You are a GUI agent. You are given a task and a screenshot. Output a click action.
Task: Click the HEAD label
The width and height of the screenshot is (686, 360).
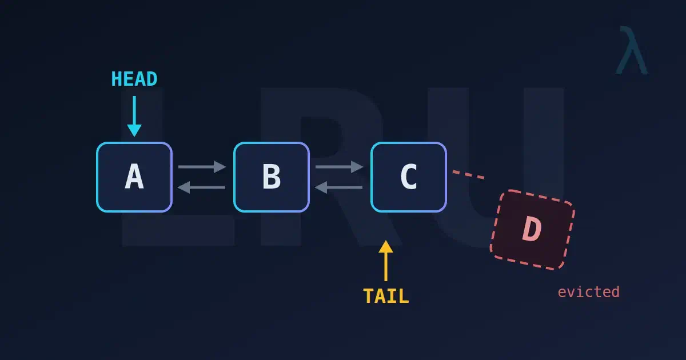pyautogui.click(x=134, y=79)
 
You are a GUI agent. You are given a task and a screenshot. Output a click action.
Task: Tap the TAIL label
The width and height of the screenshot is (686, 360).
pyautogui.click(x=386, y=296)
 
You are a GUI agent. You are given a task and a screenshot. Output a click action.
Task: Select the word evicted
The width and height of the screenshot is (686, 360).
pyautogui.click(x=589, y=292)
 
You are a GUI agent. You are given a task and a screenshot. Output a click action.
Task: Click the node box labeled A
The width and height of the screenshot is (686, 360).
pyautogui.click(x=134, y=177)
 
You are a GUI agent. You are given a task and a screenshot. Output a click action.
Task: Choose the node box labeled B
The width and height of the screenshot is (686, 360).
pyautogui.click(x=272, y=177)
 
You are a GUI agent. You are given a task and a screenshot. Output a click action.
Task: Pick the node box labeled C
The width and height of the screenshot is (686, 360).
pyautogui.click(x=409, y=177)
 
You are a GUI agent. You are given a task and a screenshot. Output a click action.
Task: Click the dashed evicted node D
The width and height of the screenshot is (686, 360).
pyautogui.click(x=533, y=230)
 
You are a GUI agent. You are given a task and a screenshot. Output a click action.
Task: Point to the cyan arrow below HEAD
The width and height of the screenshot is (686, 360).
pyautogui.click(x=134, y=117)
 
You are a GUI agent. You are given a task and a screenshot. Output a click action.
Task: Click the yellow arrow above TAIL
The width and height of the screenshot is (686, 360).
pyautogui.click(x=386, y=261)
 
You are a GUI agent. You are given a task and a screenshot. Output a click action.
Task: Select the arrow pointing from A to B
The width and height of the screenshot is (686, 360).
pyautogui.click(x=202, y=167)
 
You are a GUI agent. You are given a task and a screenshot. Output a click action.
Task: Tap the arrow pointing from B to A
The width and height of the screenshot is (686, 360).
pyautogui.click(x=201, y=187)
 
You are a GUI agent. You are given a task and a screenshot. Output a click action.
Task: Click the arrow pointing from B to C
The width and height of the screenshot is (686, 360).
pyautogui.click(x=340, y=167)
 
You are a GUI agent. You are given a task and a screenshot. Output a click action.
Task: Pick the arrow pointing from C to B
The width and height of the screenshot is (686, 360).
pyautogui.click(x=338, y=187)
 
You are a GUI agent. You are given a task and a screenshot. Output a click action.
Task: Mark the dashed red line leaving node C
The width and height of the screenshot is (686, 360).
pyautogui.click(x=469, y=174)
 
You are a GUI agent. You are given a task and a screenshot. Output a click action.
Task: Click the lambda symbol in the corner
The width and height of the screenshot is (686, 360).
pyautogui.click(x=632, y=50)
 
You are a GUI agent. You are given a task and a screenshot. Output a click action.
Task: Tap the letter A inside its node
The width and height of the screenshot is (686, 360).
pyautogui.click(x=134, y=177)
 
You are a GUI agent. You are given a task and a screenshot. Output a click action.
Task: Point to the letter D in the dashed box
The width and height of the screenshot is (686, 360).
pyautogui.click(x=532, y=229)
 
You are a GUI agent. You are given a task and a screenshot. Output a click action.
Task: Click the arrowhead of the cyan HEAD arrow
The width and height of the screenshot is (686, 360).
pyautogui.click(x=134, y=130)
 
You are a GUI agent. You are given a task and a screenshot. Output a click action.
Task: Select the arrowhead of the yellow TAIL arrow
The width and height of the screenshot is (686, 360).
pyautogui.click(x=386, y=246)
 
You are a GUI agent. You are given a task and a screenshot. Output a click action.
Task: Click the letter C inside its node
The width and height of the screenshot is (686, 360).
pyautogui.click(x=409, y=177)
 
